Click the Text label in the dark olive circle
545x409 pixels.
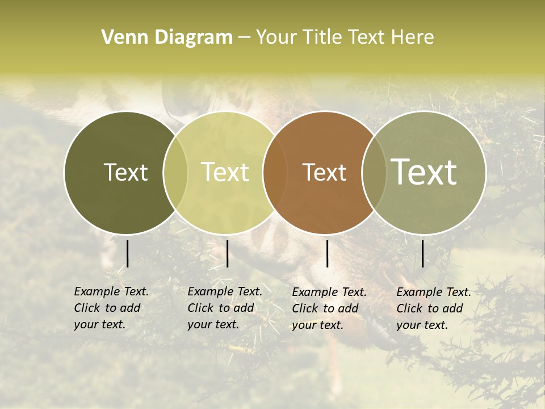click(x=125, y=172)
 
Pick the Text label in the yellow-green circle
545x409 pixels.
click(x=225, y=172)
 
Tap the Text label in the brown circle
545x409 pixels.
click(x=324, y=172)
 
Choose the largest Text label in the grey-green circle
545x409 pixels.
click(x=424, y=172)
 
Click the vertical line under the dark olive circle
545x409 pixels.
click(x=127, y=253)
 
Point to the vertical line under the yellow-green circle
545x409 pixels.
click(x=227, y=253)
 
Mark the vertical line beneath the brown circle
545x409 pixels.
click(x=327, y=253)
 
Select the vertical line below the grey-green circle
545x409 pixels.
click(x=422, y=253)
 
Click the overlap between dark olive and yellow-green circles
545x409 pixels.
click(x=175, y=172)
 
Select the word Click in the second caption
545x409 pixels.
click(x=200, y=308)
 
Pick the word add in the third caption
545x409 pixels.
click(x=347, y=308)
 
